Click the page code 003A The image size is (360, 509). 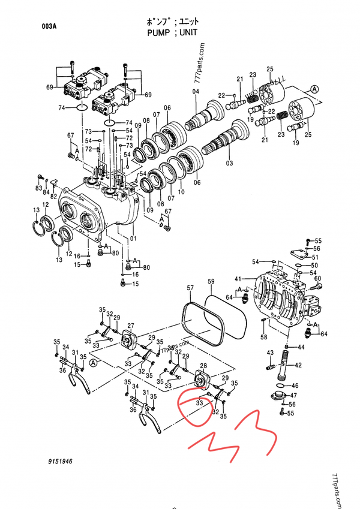49,26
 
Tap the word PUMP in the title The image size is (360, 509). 158,32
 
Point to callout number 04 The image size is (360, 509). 196,91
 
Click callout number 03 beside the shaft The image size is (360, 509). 229,163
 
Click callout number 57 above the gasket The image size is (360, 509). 190,289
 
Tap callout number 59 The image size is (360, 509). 211,281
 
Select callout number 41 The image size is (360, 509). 238,279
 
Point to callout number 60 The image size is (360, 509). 318,278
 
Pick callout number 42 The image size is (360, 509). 298,365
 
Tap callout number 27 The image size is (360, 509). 131,326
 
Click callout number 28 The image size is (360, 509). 203,366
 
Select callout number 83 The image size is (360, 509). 38,189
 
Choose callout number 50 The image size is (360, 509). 314,265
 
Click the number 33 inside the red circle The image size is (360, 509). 198,403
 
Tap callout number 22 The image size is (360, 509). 221,95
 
